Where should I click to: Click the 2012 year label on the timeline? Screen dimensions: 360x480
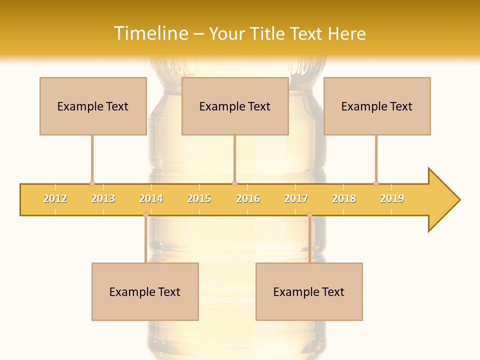point(55,199)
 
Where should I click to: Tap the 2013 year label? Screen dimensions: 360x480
point(103,199)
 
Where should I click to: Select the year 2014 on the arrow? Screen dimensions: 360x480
point(151,199)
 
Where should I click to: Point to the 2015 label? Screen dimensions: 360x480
point(199,199)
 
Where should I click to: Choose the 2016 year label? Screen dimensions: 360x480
point(248,199)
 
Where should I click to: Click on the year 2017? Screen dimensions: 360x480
point(296,199)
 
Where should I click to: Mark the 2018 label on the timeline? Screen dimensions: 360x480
point(344,199)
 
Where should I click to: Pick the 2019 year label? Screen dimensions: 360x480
point(392,199)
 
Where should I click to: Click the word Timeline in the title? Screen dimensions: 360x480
point(150,33)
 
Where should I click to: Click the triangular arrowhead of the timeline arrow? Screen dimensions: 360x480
point(442,200)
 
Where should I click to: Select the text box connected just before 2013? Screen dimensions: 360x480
point(93,106)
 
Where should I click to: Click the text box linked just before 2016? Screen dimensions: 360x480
point(235,106)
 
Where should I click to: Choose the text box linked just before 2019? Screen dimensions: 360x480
point(377,106)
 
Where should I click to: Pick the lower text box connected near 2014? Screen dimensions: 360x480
point(145,291)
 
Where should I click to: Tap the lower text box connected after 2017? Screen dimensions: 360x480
point(309,291)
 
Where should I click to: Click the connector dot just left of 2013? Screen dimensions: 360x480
point(92,183)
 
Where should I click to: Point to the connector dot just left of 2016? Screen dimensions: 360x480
point(235,183)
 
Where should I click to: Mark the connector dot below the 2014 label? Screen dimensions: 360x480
point(145,215)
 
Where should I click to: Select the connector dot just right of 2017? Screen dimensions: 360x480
point(309,215)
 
